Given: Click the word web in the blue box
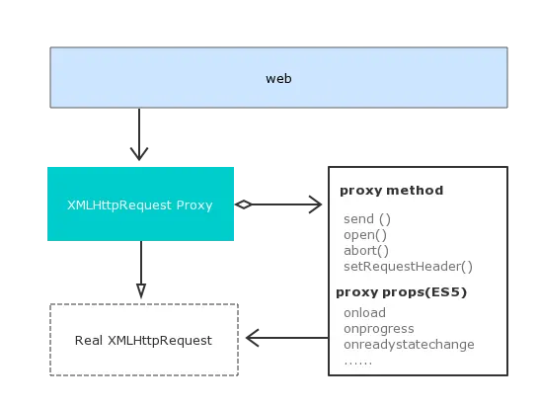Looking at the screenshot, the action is [278, 79].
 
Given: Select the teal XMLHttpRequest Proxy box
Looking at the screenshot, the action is [140, 204].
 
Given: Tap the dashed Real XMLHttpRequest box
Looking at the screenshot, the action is [144, 340].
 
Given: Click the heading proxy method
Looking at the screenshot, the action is [392, 191].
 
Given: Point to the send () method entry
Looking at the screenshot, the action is [367, 219].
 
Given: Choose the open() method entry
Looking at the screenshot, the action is [365, 235].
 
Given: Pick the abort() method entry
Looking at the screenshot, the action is [366, 251].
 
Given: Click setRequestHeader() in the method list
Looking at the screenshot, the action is [408, 267].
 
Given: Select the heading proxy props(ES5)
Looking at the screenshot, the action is [401, 292].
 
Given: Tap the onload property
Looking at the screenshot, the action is [364, 313].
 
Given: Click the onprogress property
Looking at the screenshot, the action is [379, 329].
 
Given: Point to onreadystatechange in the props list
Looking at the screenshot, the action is [409, 345].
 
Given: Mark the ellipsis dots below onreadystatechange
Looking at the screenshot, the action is [358, 364].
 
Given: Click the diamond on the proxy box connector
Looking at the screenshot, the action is [244, 204].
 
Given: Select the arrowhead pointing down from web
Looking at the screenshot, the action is [139, 153].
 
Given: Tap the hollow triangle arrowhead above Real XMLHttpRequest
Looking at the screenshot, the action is [141, 290].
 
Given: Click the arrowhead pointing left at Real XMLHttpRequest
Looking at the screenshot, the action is [253, 338].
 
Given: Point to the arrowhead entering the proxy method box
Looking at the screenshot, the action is [315, 204].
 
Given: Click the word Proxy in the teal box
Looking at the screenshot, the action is [194, 205].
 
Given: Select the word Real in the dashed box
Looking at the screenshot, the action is [89, 340].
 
